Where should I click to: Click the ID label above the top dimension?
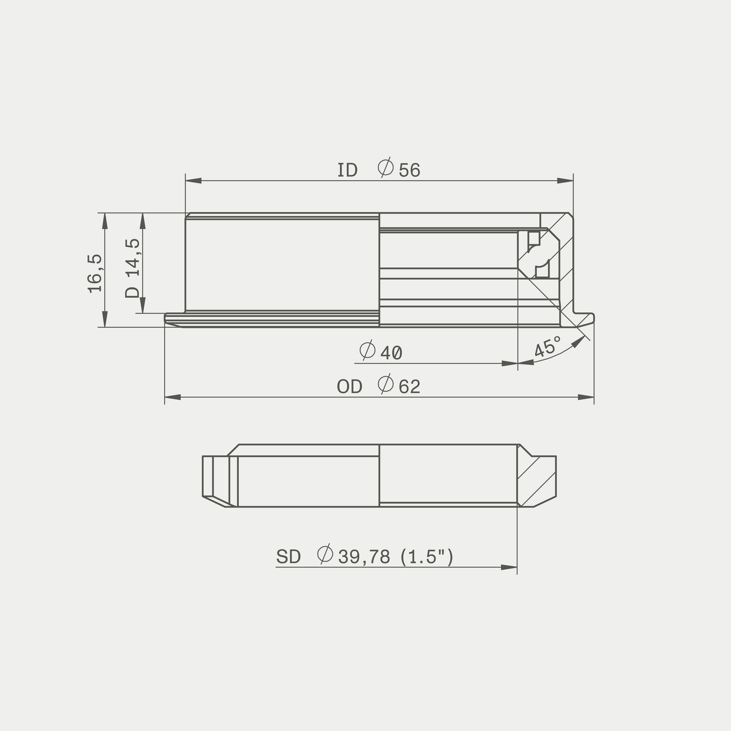point(348,171)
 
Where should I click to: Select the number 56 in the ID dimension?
point(409,171)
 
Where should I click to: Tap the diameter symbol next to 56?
point(386,168)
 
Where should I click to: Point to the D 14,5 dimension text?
point(132,268)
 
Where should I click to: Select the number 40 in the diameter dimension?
point(391,353)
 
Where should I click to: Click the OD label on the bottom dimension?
point(349,387)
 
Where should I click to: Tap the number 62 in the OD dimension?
point(409,387)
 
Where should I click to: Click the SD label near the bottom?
point(288,557)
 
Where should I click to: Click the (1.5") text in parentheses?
point(427,557)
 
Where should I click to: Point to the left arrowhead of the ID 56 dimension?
point(193,181)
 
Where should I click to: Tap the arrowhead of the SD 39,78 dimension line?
point(509,567)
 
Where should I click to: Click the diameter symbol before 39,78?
point(325,554)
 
